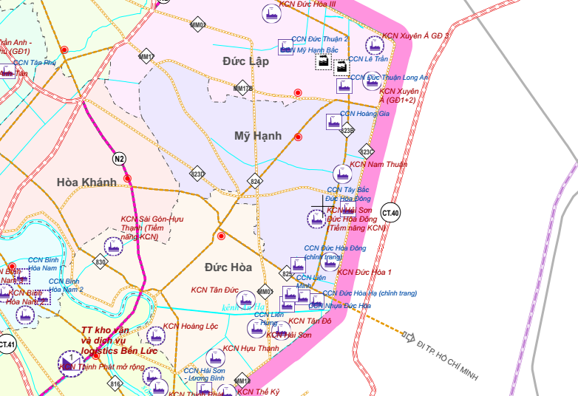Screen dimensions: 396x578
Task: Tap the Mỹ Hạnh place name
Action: (x=258, y=135)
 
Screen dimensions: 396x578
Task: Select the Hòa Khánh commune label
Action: (x=86, y=182)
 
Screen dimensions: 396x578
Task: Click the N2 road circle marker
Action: (x=119, y=159)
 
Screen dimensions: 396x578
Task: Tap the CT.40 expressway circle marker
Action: (x=390, y=214)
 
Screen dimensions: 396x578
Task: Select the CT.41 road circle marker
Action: (x=7, y=344)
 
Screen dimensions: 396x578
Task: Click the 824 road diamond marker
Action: (x=256, y=181)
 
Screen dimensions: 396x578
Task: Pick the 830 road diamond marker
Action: (x=101, y=262)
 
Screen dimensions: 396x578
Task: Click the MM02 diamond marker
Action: (x=197, y=25)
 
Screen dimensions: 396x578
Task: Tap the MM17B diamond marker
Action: (x=242, y=89)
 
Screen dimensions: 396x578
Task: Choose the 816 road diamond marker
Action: (x=115, y=384)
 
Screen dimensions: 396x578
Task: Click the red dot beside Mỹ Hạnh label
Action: (x=298, y=137)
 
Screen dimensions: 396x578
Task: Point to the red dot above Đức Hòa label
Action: (x=221, y=236)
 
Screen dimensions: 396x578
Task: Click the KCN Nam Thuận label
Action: (x=378, y=165)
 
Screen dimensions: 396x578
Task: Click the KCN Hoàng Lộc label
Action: (x=191, y=326)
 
